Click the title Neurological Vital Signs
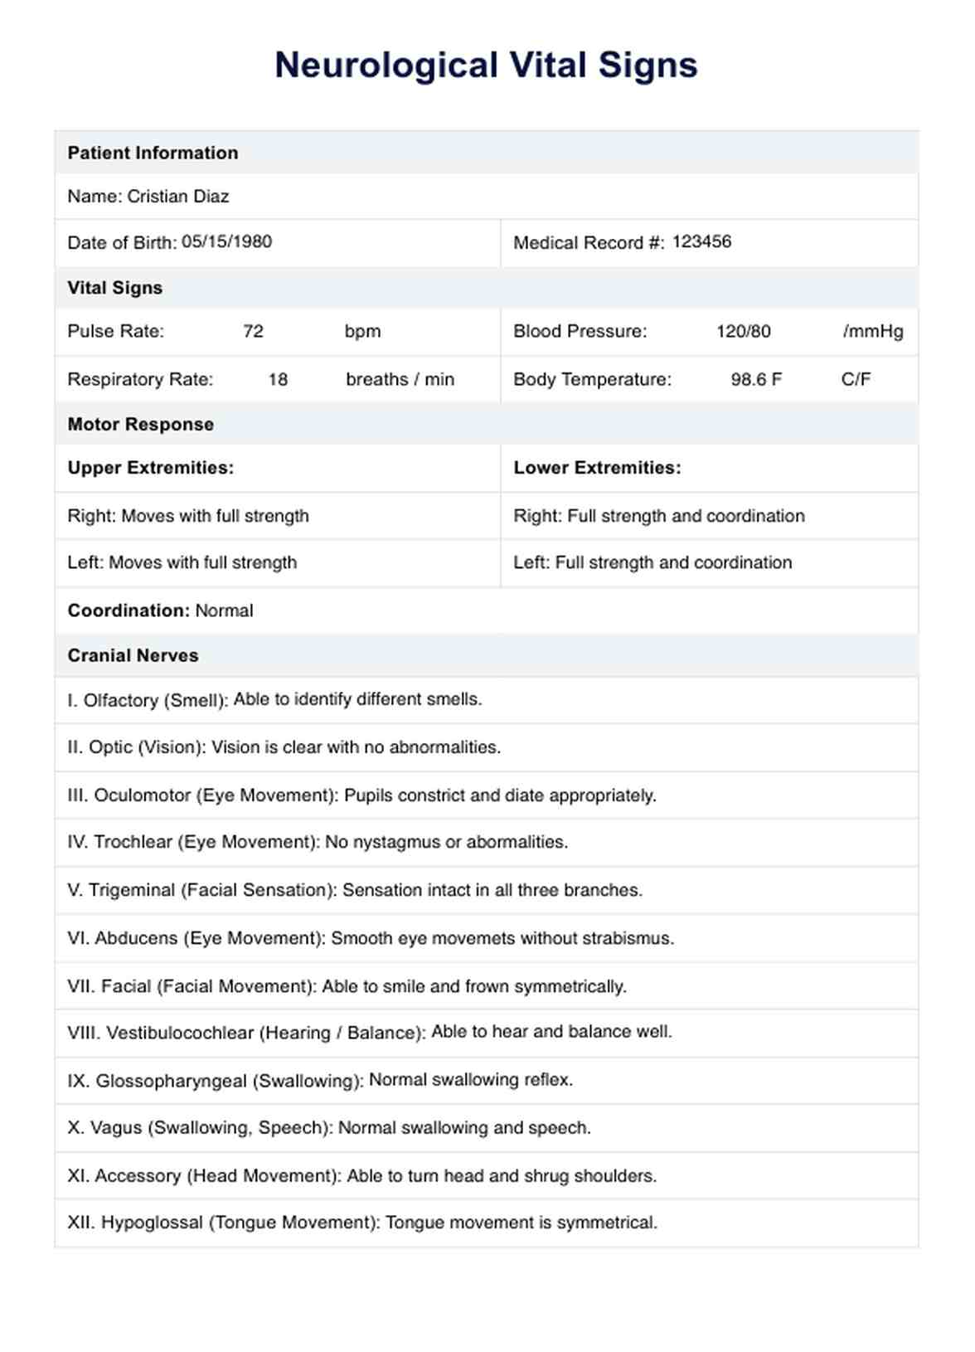(x=486, y=66)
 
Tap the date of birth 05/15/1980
(x=226, y=241)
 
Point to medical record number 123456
(x=701, y=241)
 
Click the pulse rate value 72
(x=253, y=331)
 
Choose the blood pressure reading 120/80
(x=743, y=331)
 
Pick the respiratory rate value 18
(x=278, y=379)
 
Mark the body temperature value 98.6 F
(x=755, y=379)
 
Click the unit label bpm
(x=362, y=331)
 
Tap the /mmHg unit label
(x=872, y=331)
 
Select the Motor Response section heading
(x=140, y=424)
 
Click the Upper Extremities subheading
(x=150, y=468)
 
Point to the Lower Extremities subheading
(x=597, y=468)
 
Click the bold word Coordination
(x=129, y=610)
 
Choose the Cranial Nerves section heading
(x=133, y=655)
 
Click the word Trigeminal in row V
(x=133, y=890)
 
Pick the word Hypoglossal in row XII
(x=152, y=1223)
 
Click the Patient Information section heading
(x=153, y=153)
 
